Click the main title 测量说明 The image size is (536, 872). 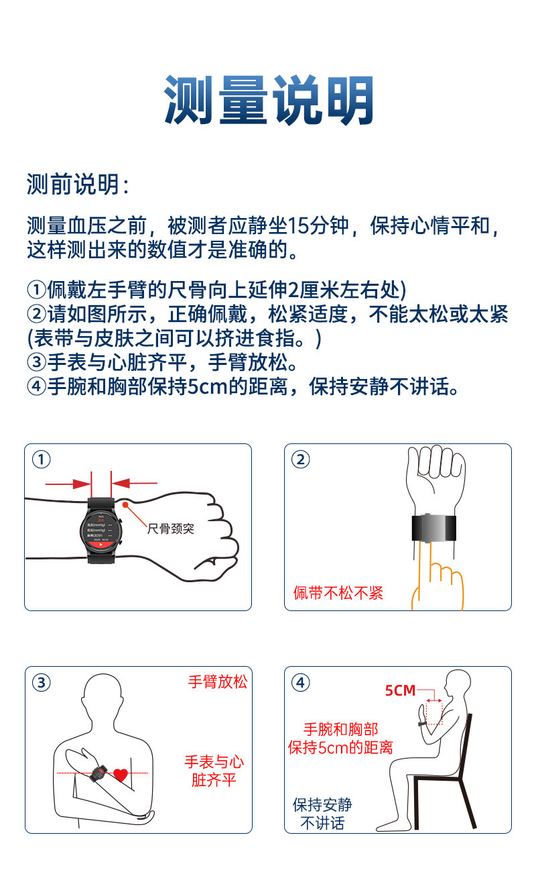[268, 101]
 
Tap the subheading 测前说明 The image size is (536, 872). [77, 184]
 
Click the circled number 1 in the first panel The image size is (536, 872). [42, 459]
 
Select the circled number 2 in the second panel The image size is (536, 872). [301, 459]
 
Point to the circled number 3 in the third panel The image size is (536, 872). [42, 683]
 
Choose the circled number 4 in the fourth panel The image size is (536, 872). [301, 683]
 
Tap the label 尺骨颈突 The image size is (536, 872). [170, 529]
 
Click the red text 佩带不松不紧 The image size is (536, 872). [338, 593]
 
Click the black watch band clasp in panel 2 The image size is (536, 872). [435, 527]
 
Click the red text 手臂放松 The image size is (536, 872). [217, 682]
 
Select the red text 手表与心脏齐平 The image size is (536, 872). [214, 771]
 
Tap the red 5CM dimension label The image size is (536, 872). [400, 690]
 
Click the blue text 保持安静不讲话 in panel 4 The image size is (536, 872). [322, 814]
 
